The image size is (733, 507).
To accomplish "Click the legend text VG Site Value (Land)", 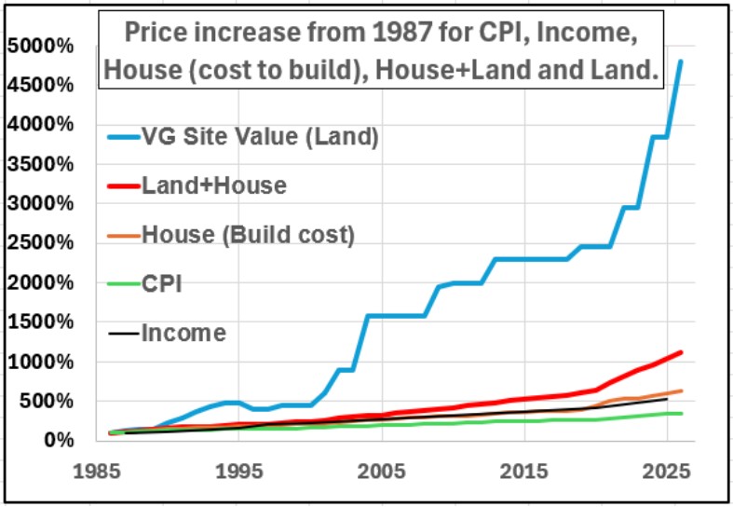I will click(x=261, y=137).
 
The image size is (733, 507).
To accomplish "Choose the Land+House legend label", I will click(x=213, y=185).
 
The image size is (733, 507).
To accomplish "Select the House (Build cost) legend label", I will click(x=248, y=235).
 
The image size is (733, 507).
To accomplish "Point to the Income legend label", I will click(x=183, y=332).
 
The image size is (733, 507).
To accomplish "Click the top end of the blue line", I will click(x=681, y=62).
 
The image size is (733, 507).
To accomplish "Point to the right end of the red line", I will click(x=681, y=352).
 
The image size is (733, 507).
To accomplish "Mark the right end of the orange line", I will click(x=681, y=391).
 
